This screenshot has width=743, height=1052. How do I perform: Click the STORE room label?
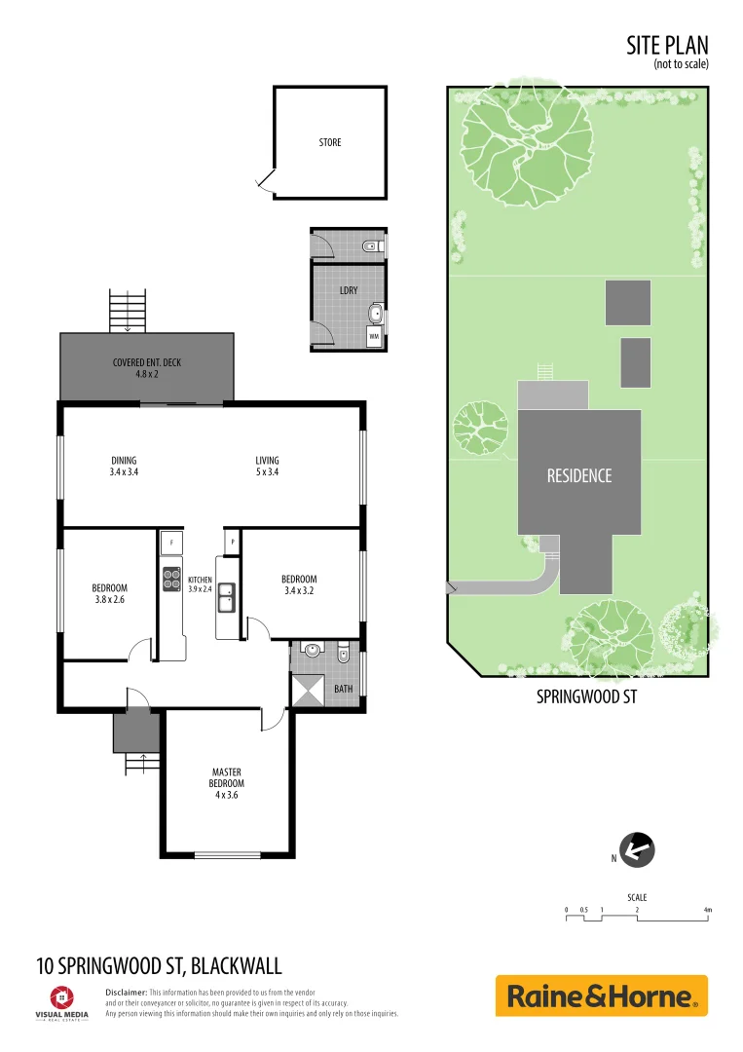pyautogui.click(x=330, y=142)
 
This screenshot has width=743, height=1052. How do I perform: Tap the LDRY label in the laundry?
pyautogui.click(x=347, y=290)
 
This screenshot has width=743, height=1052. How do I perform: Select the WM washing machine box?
pyautogui.click(x=374, y=336)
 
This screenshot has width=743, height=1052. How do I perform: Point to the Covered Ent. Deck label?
pyautogui.click(x=147, y=367)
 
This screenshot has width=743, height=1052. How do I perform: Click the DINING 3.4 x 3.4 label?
pyautogui.click(x=124, y=466)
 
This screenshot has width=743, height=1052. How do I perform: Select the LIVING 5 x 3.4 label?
pyautogui.click(x=267, y=466)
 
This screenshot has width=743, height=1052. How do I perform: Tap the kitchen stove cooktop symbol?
pyautogui.click(x=171, y=579)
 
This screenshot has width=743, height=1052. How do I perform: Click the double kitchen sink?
pyautogui.click(x=226, y=596)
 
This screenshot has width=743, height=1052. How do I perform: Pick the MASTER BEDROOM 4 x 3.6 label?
pyautogui.click(x=226, y=783)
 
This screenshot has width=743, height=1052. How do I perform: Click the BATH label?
pyautogui.click(x=344, y=689)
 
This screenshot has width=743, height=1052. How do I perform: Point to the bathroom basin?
pyautogui.click(x=312, y=651)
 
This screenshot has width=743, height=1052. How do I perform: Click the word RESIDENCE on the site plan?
pyautogui.click(x=579, y=475)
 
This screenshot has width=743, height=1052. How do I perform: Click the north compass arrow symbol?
pyautogui.click(x=637, y=850)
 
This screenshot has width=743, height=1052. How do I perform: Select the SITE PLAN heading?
pyautogui.click(x=667, y=45)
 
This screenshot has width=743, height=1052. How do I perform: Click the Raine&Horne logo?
pyautogui.click(x=601, y=996)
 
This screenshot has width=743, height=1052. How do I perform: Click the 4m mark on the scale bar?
pyautogui.click(x=708, y=910)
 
